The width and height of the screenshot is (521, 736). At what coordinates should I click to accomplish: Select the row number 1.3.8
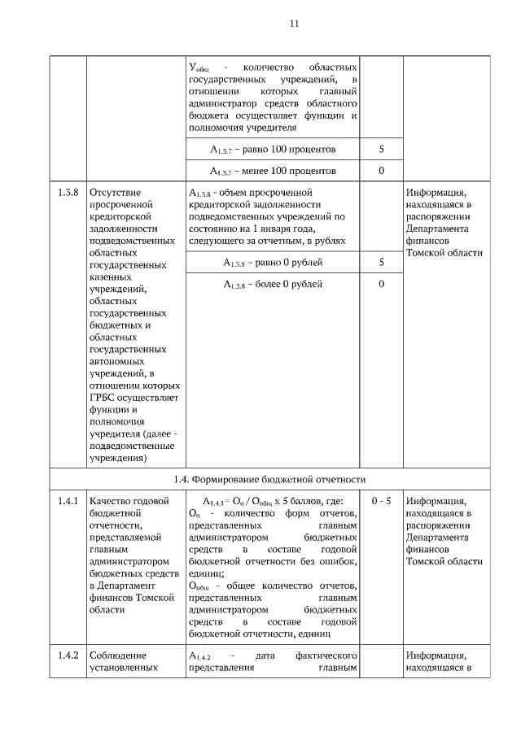(x=68, y=194)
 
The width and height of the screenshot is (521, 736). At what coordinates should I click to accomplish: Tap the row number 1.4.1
(x=68, y=501)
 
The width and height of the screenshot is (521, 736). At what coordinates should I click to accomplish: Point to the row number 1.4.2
(x=68, y=655)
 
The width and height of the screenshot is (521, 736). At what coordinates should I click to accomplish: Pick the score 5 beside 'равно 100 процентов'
(x=381, y=150)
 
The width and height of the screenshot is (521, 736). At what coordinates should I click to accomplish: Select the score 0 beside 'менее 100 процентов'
(x=381, y=171)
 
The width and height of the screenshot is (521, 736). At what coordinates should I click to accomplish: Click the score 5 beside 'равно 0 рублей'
(x=381, y=263)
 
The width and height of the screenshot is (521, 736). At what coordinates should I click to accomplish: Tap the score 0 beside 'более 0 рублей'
(x=381, y=284)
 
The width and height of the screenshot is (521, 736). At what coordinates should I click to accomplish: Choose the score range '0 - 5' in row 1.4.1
(x=381, y=501)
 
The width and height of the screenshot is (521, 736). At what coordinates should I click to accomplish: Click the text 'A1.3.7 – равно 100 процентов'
(x=273, y=150)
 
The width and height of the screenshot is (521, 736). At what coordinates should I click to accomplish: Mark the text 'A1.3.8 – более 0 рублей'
(x=273, y=284)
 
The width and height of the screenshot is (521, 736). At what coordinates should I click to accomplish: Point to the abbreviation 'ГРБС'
(x=105, y=397)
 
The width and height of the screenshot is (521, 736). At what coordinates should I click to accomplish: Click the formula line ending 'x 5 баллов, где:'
(x=273, y=501)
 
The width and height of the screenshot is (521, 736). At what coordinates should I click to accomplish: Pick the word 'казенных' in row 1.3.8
(x=112, y=277)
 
